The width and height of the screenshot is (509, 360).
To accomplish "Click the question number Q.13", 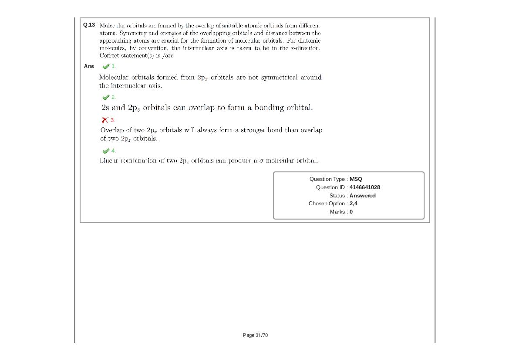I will [89, 25].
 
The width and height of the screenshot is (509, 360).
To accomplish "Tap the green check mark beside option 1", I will [105, 67].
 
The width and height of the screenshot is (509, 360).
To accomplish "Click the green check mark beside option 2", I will [105, 97].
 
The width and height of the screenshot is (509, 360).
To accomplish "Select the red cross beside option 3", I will [105, 120].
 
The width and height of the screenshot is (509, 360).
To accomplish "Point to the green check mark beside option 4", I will [105, 151].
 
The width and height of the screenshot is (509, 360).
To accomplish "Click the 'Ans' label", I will [89, 66].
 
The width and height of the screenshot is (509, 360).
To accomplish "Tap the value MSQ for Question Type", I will [356, 179].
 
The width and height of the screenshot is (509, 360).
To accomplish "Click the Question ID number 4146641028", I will [364, 187].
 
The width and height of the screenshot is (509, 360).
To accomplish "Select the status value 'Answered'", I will [362, 196].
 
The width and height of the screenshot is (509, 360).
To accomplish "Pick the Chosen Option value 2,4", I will [354, 204].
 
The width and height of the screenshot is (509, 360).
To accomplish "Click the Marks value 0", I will [351, 212].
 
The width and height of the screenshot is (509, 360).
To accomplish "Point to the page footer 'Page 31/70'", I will [255, 335].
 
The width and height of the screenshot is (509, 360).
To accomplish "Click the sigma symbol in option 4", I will [261, 161].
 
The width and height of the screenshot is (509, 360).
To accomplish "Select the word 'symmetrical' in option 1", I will [279, 78].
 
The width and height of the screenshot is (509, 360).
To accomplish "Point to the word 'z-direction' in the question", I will [305, 48].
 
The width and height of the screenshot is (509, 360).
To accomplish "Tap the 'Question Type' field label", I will [327, 179].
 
